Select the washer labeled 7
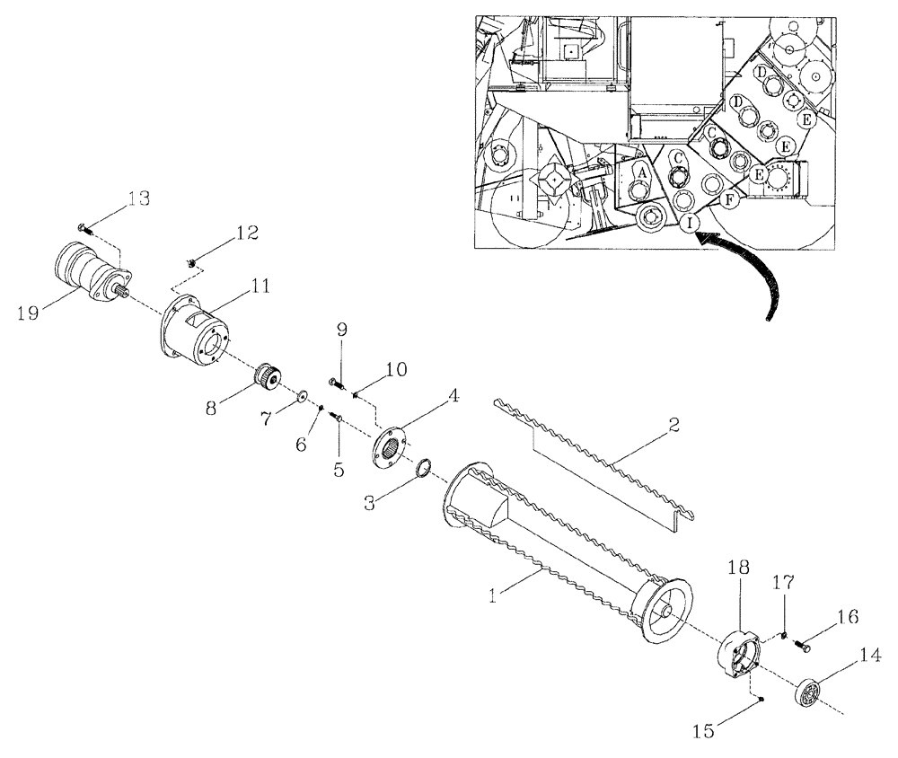coord(301,396)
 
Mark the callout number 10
coord(397,369)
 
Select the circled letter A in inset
coord(643,169)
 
